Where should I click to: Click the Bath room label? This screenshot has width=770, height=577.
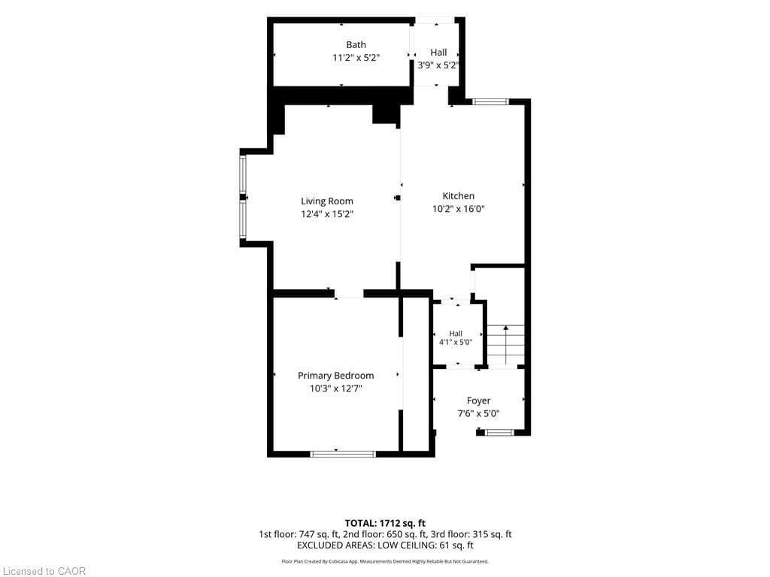[356, 44]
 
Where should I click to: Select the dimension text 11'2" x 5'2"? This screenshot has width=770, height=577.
[356, 58]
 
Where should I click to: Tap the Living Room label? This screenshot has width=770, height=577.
[327, 201]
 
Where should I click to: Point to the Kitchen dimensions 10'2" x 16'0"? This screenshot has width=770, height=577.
[459, 209]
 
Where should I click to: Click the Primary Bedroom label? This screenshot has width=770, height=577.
[336, 376]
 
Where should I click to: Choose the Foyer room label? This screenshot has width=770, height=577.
[479, 401]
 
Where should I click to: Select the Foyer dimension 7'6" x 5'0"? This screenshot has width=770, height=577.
[479, 414]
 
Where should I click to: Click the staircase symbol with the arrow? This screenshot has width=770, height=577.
[506, 344]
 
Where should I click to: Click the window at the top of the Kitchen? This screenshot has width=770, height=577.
[490, 102]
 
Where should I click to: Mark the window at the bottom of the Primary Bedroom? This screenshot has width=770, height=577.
[344, 454]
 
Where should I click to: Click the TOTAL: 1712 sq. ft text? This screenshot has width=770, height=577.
[385, 523]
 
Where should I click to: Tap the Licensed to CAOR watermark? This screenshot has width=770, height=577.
[44, 571]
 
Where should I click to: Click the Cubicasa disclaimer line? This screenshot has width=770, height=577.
[385, 561]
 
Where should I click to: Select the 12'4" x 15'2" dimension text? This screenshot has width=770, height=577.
[327, 214]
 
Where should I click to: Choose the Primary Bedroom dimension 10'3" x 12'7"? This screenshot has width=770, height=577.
[336, 388]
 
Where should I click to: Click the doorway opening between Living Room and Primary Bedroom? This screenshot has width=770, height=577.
[349, 294]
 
